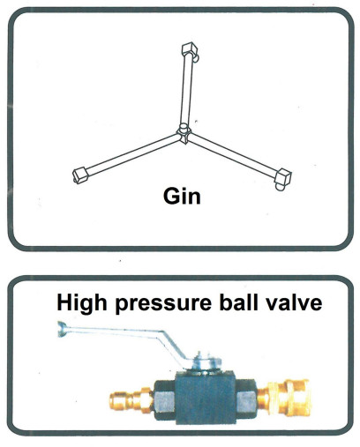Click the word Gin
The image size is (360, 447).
[182, 197]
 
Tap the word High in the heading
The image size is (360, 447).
[81, 303]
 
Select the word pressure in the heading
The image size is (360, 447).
[163, 305]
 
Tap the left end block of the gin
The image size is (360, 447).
[80, 175]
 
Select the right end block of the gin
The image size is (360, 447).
[283, 178]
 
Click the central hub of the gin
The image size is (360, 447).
[184, 134]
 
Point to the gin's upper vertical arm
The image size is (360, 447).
[187, 90]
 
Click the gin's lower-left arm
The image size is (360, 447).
[133, 154]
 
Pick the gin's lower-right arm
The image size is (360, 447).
[233, 156]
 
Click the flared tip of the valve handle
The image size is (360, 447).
[62, 329]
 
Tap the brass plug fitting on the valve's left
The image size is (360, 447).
[131, 399]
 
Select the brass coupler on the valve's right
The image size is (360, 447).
[284, 398]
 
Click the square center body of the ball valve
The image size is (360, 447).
[206, 398]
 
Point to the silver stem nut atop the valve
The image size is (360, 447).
[205, 362]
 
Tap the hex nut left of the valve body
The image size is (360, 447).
[165, 400]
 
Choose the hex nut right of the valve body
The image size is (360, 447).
[246, 399]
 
